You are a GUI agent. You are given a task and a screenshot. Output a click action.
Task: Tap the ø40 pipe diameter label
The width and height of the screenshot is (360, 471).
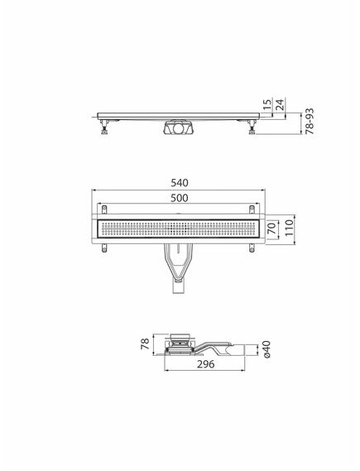tap(264, 352)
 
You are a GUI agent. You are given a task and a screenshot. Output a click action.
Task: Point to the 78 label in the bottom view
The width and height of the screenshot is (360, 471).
tap(145, 343)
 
